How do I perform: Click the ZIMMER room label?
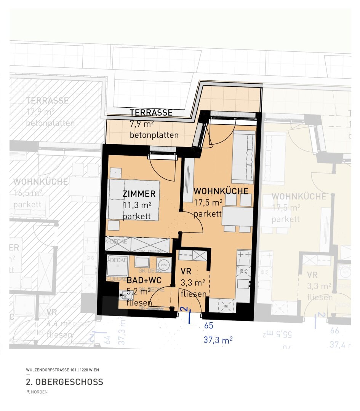(139, 193)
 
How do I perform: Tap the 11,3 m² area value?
(137, 205)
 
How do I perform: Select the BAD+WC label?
(144, 280)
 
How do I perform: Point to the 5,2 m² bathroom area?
(139, 292)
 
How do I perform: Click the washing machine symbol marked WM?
(163, 263)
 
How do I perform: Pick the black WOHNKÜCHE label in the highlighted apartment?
(221, 191)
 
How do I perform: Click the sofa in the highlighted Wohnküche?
(243, 157)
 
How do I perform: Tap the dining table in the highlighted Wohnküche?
(237, 216)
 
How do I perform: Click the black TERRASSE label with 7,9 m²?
(151, 113)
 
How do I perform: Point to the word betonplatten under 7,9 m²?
(154, 135)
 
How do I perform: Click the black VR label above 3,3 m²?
(186, 272)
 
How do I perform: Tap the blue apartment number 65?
(209, 326)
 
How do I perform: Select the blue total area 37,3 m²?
(218, 340)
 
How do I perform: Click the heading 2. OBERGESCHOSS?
(64, 382)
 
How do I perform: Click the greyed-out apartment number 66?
(334, 331)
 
